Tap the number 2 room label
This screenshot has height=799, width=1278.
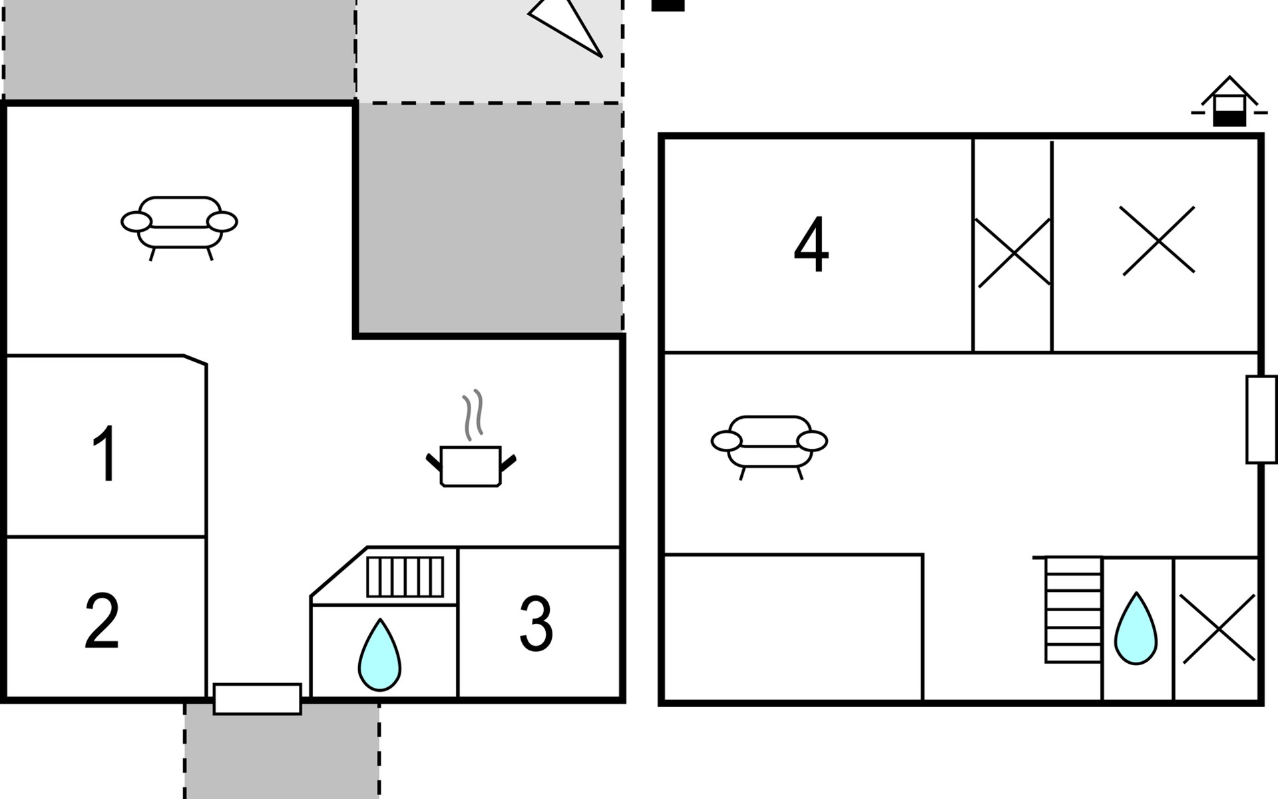pos(102,621)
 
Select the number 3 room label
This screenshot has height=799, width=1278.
pos(536,623)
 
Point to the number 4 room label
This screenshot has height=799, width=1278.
pos(811,244)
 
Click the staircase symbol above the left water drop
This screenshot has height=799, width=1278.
pos(405,577)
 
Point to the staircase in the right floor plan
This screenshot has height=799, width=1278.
pos(1073,610)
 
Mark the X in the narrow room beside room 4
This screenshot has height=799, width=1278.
pos(1014,253)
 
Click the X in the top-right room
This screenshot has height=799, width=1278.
pos(1158,240)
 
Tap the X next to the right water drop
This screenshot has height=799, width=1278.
pos(1219,629)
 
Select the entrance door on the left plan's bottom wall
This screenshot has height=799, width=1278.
pos(258,699)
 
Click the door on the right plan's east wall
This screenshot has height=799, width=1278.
pos(1261,419)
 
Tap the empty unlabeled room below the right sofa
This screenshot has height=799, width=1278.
pos(793,627)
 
